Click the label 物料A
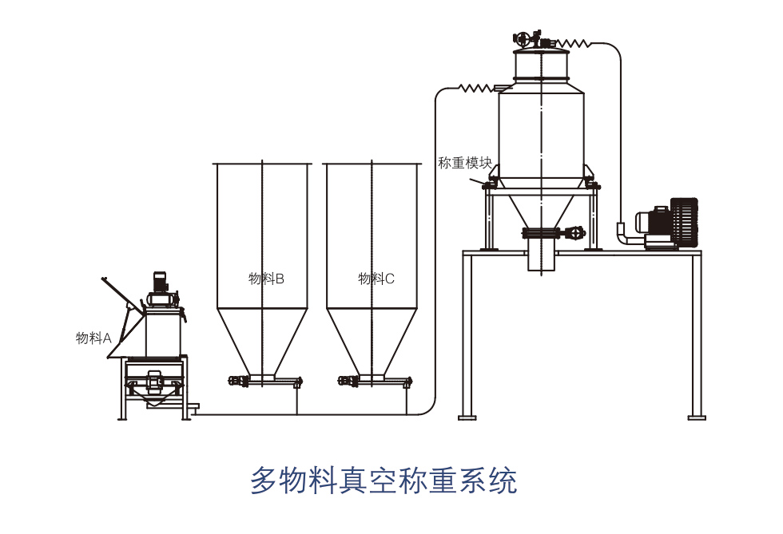(x=93, y=338)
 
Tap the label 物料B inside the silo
(x=266, y=279)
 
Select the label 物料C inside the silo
(x=376, y=279)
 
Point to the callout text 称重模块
(x=464, y=163)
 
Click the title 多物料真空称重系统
(x=384, y=481)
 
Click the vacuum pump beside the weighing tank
(x=667, y=223)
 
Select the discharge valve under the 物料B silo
(x=239, y=382)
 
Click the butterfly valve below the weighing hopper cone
(x=551, y=233)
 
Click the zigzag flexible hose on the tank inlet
(x=475, y=87)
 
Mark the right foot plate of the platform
(x=697, y=417)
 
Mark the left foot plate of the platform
(x=467, y=417)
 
